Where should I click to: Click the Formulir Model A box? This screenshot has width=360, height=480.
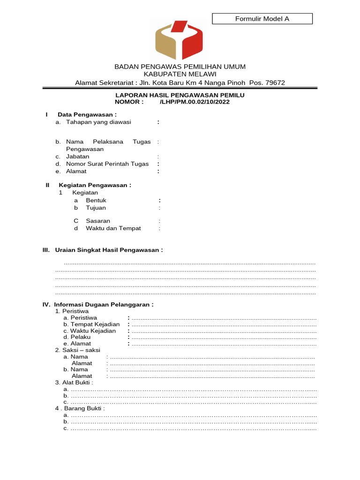(x=262, y=19)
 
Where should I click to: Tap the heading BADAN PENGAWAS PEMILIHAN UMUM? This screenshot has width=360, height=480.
(x=180, y=67)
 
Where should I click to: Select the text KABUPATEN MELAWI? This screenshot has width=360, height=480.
(x=180, y=75)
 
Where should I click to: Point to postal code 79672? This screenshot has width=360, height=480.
(x=275, y=83)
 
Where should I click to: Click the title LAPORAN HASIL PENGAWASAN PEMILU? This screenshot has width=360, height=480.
(x=180, y=95)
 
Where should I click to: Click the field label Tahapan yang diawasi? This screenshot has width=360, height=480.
(x=98, y=122)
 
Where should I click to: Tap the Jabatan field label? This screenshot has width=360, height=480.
(x=78, y=157)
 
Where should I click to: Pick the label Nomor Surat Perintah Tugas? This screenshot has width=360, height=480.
(x=107, y=164)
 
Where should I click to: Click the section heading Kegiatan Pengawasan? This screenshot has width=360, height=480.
(x=95, y=185)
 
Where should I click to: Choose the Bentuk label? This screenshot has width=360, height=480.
(x=96, y=200)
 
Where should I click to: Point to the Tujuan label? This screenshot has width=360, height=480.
(x=96, y=208)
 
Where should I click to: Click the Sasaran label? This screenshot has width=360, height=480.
(x=98, y=221)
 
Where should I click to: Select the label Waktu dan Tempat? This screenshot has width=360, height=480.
(x=113, y=228)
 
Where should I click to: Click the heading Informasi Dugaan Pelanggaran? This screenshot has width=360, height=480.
(x=104, y=304)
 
